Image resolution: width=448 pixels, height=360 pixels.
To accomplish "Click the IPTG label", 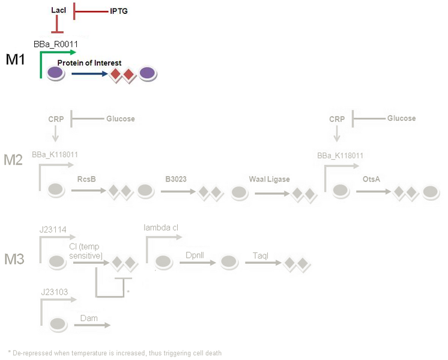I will click(118, 11).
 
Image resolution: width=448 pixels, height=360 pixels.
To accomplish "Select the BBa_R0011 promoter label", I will click(56, 44).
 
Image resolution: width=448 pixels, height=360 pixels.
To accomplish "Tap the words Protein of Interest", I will click(89, 63).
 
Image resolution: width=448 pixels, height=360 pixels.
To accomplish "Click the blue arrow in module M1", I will click(88, 74).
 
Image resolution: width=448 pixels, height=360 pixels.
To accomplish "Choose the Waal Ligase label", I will click(270, 178).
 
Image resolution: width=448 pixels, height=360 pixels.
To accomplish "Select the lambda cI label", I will click(161, 227).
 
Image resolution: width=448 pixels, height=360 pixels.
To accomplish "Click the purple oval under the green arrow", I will click(56, 73).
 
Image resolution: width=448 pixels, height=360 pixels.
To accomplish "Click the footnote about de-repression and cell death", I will click(115, 353).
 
